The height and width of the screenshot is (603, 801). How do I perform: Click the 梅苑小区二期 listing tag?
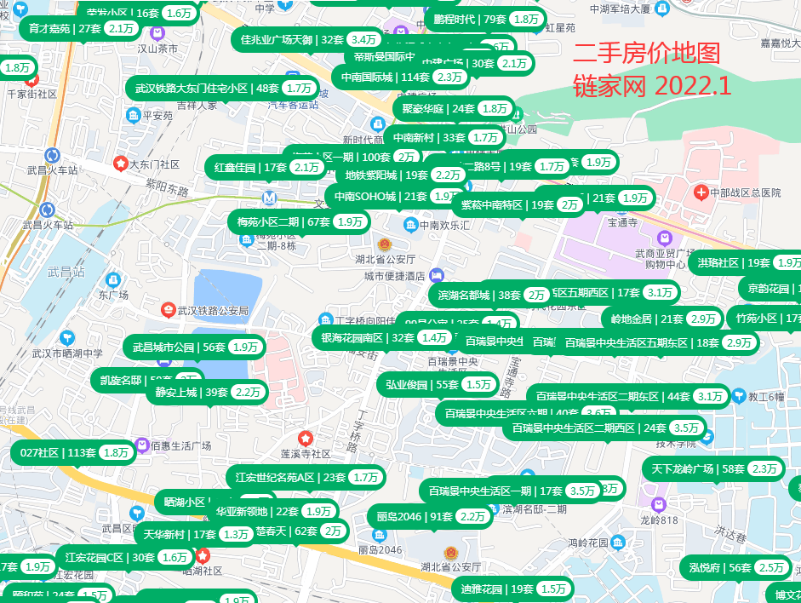tap(299, 222)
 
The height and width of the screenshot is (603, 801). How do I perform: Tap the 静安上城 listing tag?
tap(207, 393)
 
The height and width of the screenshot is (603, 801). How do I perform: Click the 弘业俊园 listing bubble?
tap(438, 384)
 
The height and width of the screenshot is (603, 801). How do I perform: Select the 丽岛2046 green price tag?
tap(430, 516)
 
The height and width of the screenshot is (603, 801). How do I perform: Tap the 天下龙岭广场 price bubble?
tap(715, 468)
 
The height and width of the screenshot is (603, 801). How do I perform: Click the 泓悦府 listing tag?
tap(735, 568)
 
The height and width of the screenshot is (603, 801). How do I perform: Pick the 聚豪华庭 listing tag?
tap(453, 108)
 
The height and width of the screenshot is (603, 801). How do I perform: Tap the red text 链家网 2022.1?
tap(652, 85)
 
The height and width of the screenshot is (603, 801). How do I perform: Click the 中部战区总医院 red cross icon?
tap(701, 193)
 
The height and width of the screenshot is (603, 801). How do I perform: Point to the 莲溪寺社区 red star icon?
tap(305, 439)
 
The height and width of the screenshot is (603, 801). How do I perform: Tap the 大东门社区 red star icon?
tap(121, 164)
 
